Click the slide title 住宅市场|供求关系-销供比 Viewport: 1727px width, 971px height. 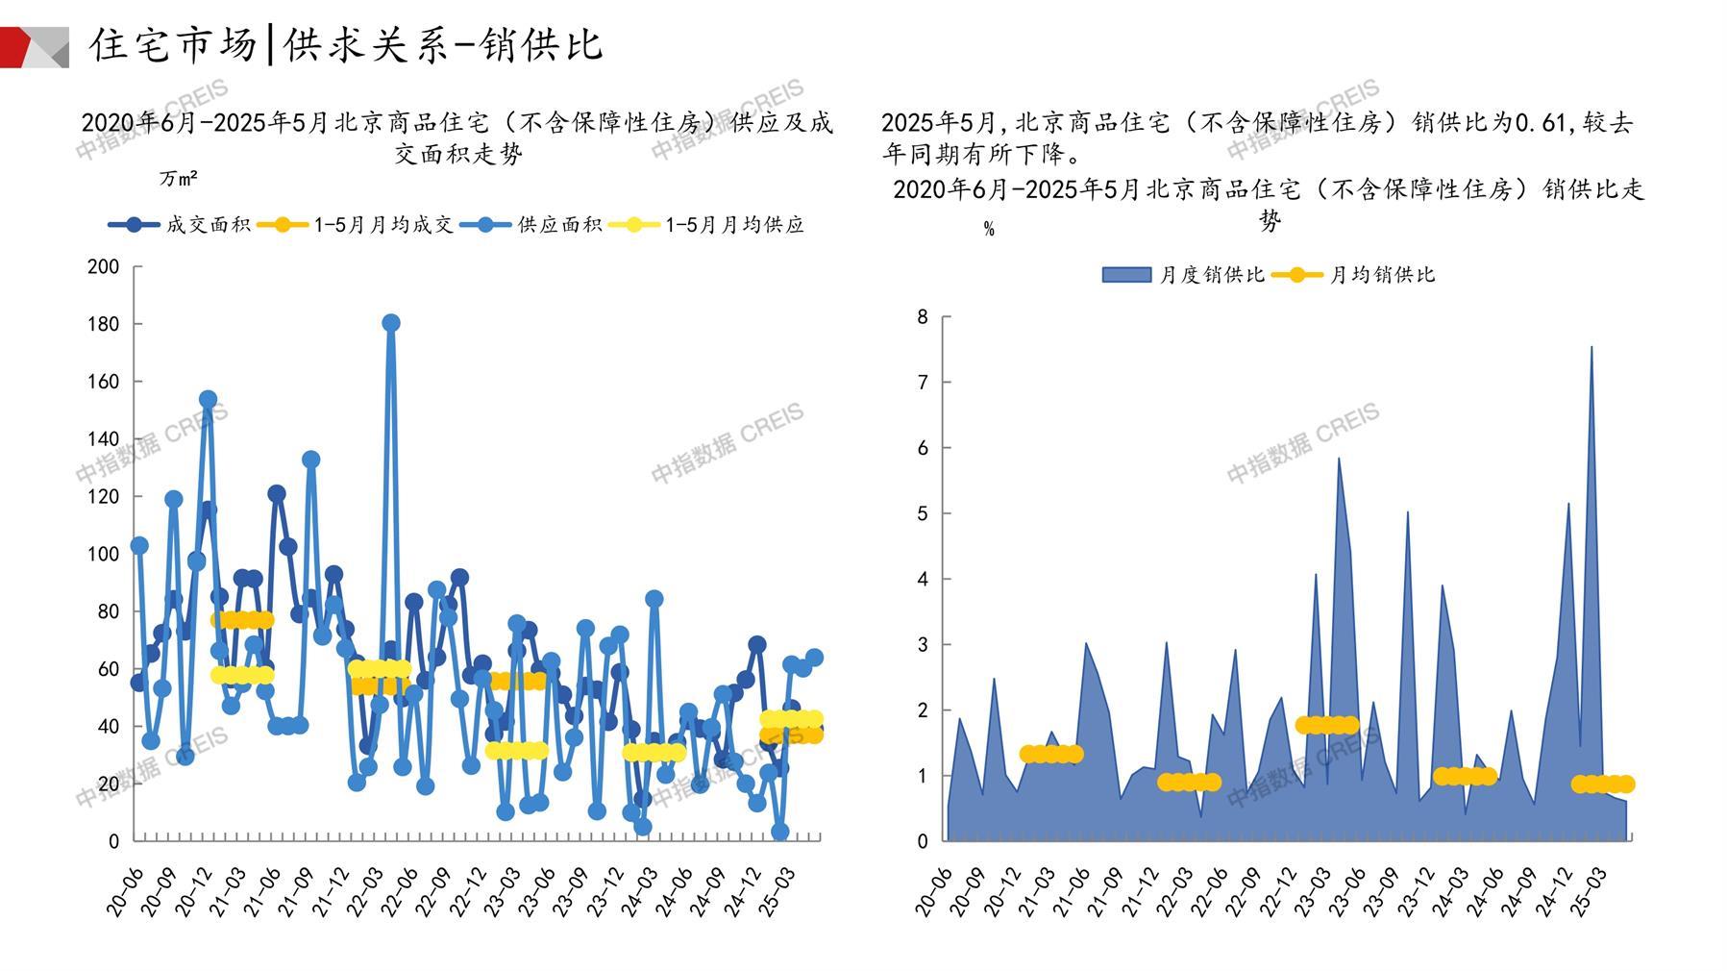click(x=346, y=44)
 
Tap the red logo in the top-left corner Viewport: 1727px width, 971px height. click(x=34, y=47)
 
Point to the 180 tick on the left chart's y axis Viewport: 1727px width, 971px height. click(x=103, y=324)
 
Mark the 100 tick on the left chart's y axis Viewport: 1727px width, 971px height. click(x=103, y=554)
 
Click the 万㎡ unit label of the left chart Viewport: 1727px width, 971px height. click(x=179, y=179)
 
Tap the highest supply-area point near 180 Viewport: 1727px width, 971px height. click(x=390, y=323)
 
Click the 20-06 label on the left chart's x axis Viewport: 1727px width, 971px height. click(x=125, y=889)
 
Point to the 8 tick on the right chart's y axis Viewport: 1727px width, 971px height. click(x=923, y=317)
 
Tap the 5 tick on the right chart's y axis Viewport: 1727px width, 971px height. click(x=923, y=513)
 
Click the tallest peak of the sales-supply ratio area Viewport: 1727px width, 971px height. click(x=1591, y=348)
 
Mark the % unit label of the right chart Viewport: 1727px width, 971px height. click(x=989, y=230)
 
